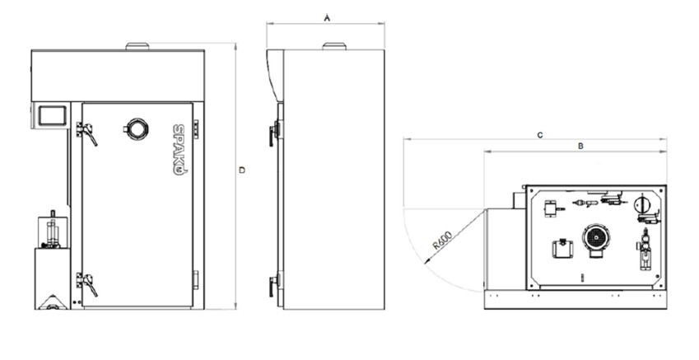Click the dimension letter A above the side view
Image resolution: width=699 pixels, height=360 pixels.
tap(327, 18)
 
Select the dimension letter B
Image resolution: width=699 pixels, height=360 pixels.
tap(580, 146)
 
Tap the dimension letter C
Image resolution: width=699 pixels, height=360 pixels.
tap(540, 135)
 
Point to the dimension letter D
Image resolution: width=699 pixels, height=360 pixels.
tap(242, 170)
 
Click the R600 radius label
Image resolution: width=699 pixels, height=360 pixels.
tap(442, 240)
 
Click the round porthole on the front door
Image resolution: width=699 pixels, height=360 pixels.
tap(137, 129)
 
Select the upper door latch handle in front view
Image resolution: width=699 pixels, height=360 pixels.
tap(87, 133)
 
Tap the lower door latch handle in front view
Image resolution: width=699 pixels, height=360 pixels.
tap(87, 284)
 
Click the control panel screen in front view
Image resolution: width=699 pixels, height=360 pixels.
tap(52, 115)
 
